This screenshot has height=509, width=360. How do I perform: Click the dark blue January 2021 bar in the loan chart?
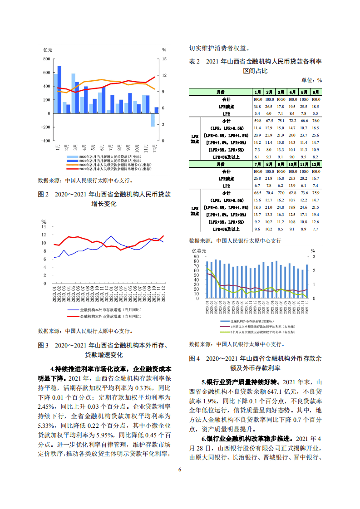click(59, 89)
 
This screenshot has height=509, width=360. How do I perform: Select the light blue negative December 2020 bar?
click(153, 120)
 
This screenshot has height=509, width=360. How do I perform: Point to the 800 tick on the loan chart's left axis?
click(46, 59)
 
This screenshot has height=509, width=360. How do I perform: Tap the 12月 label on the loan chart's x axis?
click(155, 148)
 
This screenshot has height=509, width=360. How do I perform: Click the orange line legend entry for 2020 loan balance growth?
click(101, 164)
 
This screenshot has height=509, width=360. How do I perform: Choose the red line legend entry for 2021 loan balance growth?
click(101, 168)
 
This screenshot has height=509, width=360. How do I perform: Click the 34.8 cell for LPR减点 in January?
click(258, 106)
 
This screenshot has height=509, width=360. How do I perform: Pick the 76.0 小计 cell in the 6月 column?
click(316, 121)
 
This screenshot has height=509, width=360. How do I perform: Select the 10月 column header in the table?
click(293, 164)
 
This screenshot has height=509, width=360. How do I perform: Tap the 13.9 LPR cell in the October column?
click(293, 186)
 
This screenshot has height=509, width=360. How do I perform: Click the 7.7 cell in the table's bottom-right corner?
click(316, 229)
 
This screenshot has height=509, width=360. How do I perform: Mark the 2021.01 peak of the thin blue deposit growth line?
click(110, 235)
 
